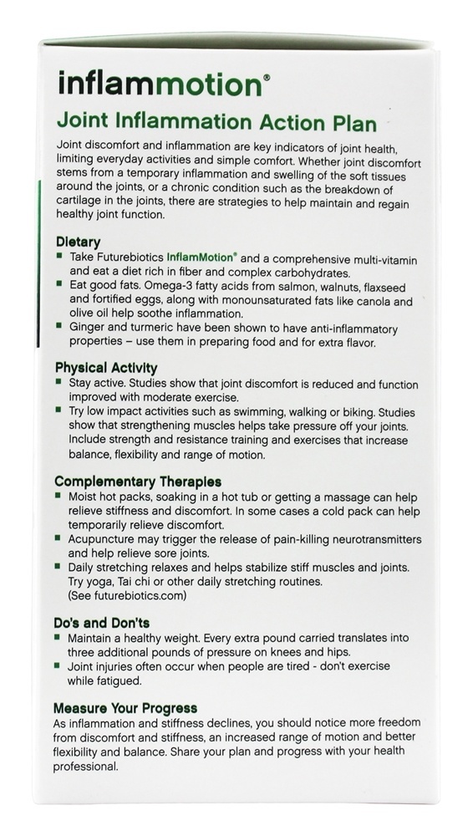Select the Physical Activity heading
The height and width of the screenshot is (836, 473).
[x=106, y=367]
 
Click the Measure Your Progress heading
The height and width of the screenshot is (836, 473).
[x=125, y=707]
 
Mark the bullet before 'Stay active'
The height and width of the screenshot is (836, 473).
[x=60, y=382]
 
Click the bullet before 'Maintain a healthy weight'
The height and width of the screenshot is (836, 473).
[x=60, y=638]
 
